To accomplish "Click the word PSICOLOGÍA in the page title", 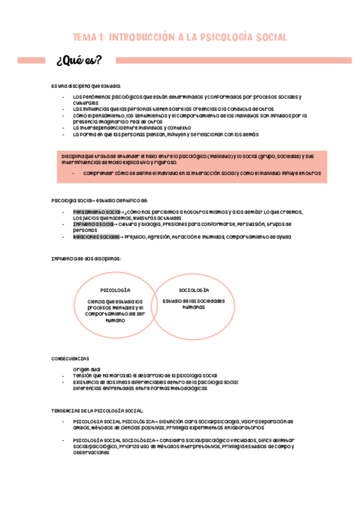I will tap(225, 37).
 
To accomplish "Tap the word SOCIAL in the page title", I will tap(269, 37).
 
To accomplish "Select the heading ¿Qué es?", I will tap(78, 61).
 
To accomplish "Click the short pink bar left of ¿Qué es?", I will tap(32, 61).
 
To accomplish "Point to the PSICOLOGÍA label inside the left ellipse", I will tap(115, 290).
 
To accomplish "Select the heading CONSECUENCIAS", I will tap(70, 358).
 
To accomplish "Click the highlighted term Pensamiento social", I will tap(96, 212).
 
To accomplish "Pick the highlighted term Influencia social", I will tap(93, 224).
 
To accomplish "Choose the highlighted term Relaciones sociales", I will tap(96, 237).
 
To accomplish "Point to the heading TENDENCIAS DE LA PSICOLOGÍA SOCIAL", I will tap(97, 410).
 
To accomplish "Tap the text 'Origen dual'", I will tap(87, 369).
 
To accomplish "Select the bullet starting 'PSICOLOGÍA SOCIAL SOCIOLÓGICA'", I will tap(114, 441).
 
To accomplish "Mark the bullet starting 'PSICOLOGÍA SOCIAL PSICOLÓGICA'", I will tap(114, 421).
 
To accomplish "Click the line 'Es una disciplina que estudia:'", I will tap(86, 86).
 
